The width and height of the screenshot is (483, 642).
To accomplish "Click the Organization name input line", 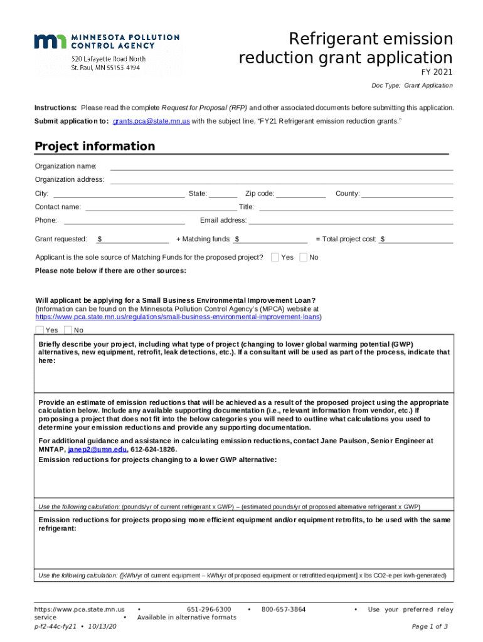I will pyautogui.click(x=281, y=166).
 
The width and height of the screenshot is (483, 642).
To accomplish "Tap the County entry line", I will pyautogui.click(x=406, y=193).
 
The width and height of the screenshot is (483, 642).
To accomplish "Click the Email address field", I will pyautogui.click(x=351, y=220).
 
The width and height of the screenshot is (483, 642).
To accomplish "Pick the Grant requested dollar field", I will pyautogui.click(x=136, y=239).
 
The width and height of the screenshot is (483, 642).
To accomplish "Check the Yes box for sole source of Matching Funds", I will pyautogui.click(x=275, y=257).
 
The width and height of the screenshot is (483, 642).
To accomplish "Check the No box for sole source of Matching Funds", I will pyautogui.click(x=304, y=257).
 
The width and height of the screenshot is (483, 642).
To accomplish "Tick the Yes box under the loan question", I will pyautogui.click(x=40, y=330).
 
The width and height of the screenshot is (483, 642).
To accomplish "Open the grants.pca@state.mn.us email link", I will pyautogui.click(x=151, y=121).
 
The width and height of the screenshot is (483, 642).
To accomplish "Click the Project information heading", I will pyautogui.click(x=95, y=147).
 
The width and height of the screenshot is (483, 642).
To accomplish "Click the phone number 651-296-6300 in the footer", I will pyautogui.click(x=209, y=609).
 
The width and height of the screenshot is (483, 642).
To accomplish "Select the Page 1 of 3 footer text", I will pyautogui.click(x=430, y=626).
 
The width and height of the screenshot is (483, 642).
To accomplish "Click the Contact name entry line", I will pyautogui.click(x=160, y=207).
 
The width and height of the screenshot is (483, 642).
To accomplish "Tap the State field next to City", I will pyautogui.click(x=223, y=193).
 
